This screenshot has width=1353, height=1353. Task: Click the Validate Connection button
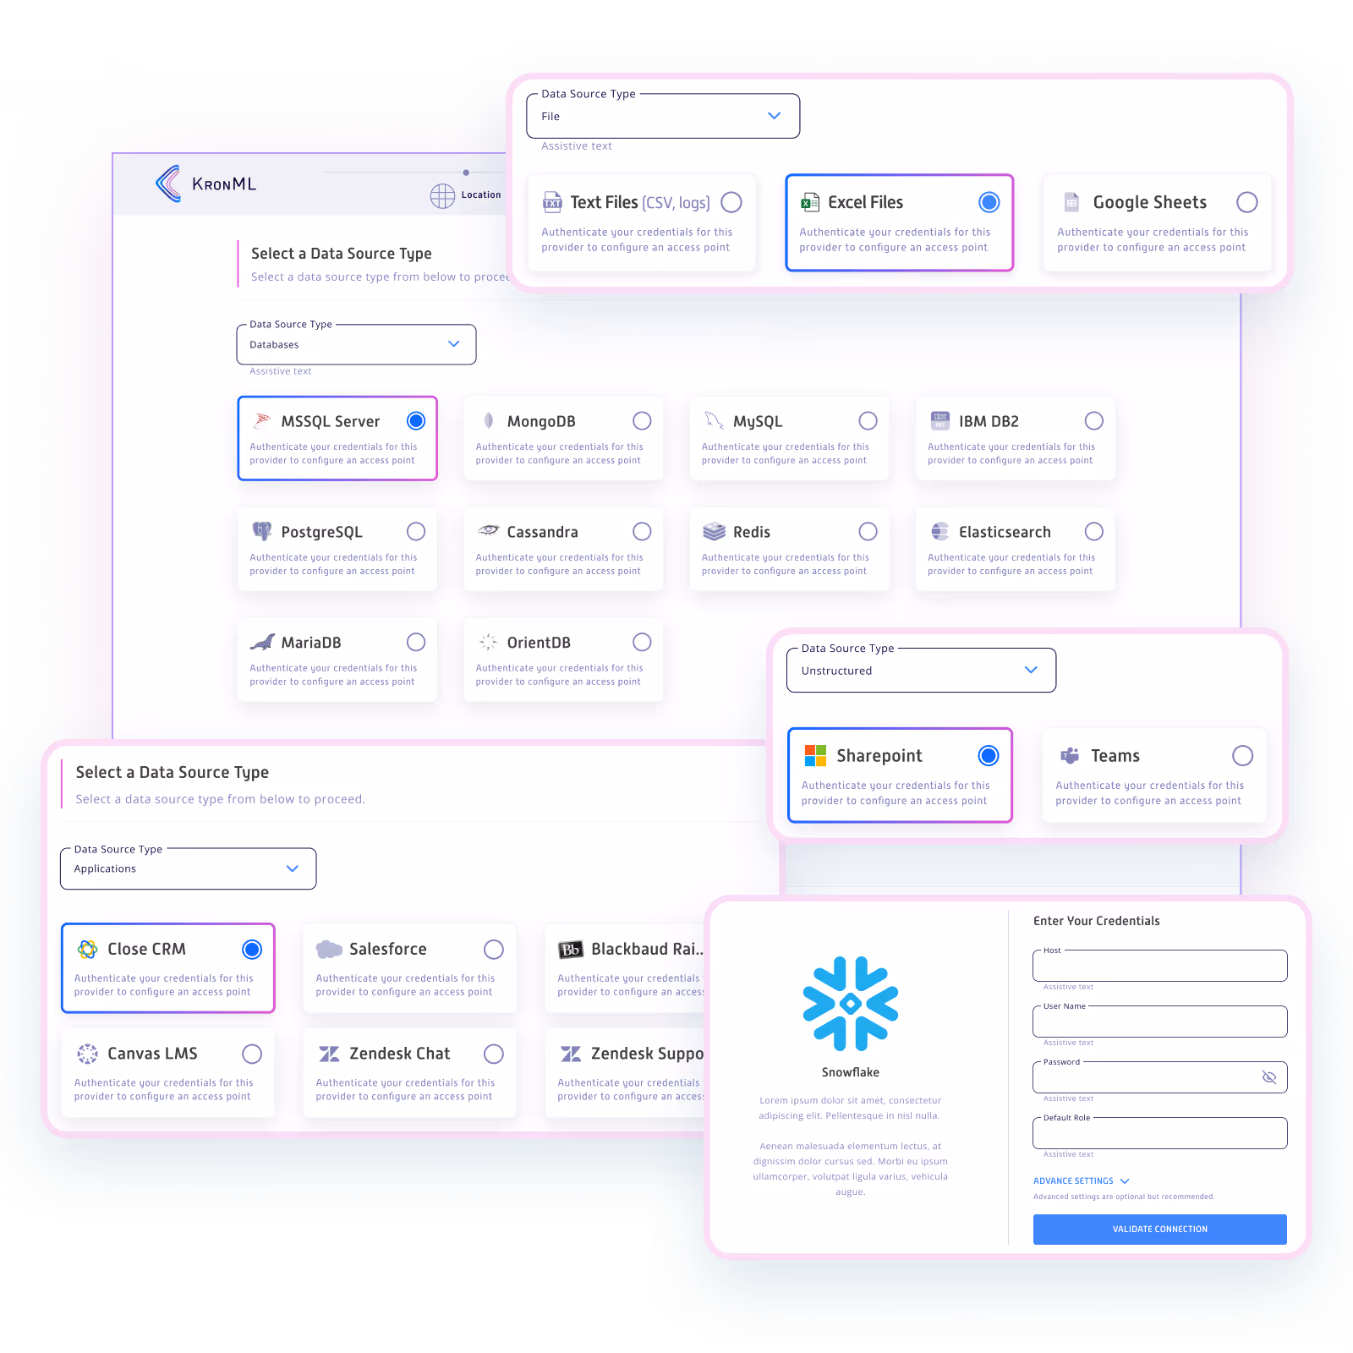coord(1159,1229)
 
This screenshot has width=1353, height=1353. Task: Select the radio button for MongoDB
coord(642,421)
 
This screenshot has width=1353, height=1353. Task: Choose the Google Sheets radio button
coord(1246,202)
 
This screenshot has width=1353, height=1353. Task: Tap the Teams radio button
coord(1242,755)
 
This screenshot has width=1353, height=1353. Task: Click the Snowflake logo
coord(851,1004)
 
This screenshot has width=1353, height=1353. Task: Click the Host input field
coord(1159,966)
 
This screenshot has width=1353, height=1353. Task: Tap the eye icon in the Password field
coord(1268,1077)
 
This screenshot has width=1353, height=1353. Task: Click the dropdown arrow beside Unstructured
coord(1031,670)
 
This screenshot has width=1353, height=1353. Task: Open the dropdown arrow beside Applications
coord(293,868)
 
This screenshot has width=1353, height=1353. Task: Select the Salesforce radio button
coord(494,950)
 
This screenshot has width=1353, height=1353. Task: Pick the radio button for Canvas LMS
coord(252,1054)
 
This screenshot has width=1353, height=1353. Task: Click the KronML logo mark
coord(168,184)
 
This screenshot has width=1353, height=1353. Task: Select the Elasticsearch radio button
coord(1093,532)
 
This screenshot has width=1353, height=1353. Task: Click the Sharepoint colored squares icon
coord(815,755)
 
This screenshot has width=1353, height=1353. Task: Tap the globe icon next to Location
coord(442,195)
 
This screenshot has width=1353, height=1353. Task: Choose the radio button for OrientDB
coord(642,643)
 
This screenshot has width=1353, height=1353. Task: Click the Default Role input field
coord(1159,1133)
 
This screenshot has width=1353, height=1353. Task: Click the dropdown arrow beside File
coord(774,116)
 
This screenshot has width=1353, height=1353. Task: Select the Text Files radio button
coord(731,203)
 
